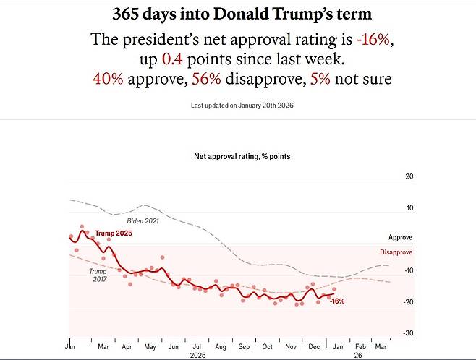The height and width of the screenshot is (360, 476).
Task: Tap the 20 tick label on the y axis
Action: click(x=409, y=176)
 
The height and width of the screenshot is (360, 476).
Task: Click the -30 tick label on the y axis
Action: click(x=407, y=333)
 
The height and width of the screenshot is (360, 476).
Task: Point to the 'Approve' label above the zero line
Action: click(x=401, y=237)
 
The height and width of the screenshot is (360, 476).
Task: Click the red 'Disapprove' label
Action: click(x=396, y=252)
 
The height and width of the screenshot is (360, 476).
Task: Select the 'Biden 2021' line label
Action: click(x=143, y=220)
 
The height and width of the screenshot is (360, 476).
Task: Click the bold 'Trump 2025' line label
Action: click(x=114, y=233)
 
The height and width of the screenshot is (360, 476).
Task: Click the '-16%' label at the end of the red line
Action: click(x=337, y=301)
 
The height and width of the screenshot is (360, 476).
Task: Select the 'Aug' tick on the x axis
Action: click(x=220, y=346)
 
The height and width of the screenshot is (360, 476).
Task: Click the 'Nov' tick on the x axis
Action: click(x=290, y=346)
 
